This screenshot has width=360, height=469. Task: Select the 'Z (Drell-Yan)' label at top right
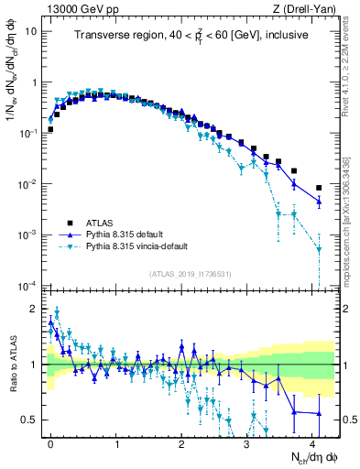pyautogui.click(x=307, y=8)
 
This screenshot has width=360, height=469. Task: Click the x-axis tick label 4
pyautogui.click(x=312, y=443)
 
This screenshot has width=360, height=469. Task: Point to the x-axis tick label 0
pyautogui.click(x=50, y=443)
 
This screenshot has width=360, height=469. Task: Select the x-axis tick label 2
pyautogui.click(x=181, y=443)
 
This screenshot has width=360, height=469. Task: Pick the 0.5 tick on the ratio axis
pyautogui.click(x=31, y=420)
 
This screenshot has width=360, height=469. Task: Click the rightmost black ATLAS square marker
pyautogui.click(x=319, y=188)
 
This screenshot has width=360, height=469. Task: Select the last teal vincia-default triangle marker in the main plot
pyautogui.click(x=319, y=248)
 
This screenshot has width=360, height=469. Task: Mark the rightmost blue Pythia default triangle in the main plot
pyautogui.click(x=319, y=202)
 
